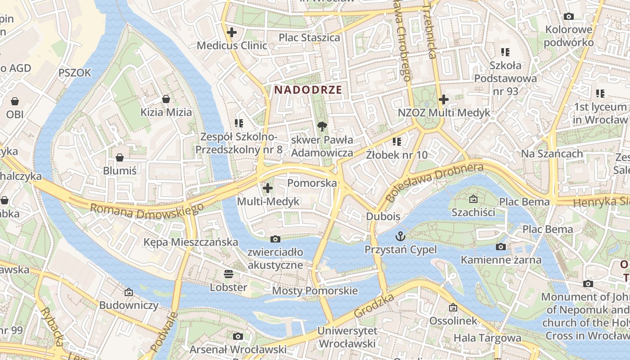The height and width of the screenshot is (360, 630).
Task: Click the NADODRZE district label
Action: (308, 90)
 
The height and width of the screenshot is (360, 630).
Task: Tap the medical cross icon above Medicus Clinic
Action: (232, 32)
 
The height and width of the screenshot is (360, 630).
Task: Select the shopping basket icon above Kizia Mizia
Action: (166, 99)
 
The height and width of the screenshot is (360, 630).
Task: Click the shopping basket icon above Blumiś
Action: (120, 157)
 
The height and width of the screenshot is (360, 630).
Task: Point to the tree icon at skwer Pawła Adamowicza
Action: (322, 126)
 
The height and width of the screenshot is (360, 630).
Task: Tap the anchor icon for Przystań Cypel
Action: (400, 236)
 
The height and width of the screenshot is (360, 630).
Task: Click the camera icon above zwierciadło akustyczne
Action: (275, 239)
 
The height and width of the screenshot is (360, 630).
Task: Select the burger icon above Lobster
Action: (229, 274)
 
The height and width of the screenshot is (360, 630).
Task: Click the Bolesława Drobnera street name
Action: (435, 182)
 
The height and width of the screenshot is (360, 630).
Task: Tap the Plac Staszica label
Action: (309, 37)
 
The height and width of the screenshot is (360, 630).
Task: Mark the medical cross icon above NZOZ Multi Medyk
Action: (444, 99)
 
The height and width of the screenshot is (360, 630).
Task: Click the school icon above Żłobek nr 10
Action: (396, 142)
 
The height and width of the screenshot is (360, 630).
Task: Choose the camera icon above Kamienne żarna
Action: (500, 247)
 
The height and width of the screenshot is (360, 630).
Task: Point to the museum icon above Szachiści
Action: (473, 199)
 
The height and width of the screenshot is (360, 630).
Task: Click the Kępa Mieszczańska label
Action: (191, 242)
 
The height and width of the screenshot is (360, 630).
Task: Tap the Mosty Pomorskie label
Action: (315, 291)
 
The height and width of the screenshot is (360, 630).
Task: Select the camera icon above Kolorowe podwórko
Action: (569, 17)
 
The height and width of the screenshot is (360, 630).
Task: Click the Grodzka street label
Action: (374, 306)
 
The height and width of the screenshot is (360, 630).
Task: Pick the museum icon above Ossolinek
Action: (453, 308)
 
